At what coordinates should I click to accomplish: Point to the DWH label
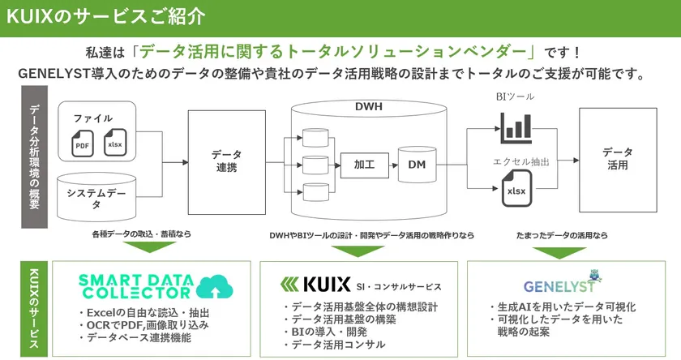369,106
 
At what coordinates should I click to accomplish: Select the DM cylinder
417,165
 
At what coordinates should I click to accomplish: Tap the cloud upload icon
213,286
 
